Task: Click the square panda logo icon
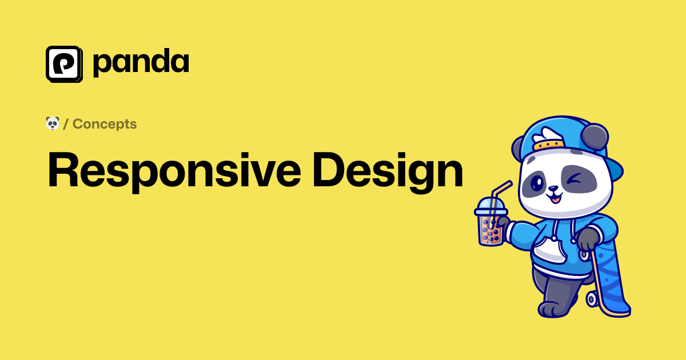coord(64,64)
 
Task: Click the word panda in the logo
coord(141,63)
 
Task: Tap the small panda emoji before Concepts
coord(53,123)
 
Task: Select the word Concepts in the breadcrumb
coord(105,124)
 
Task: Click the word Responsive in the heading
coord(174,171)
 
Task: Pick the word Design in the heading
coord(388,171)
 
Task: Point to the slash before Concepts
coord(66,124)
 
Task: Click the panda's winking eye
coord(575,179)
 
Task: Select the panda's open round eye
coord(537,183)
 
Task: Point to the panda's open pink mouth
coord(555,199)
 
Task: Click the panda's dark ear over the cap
coord(594,137)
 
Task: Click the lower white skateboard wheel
coord(592,299)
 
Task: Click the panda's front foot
coord(552,310)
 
